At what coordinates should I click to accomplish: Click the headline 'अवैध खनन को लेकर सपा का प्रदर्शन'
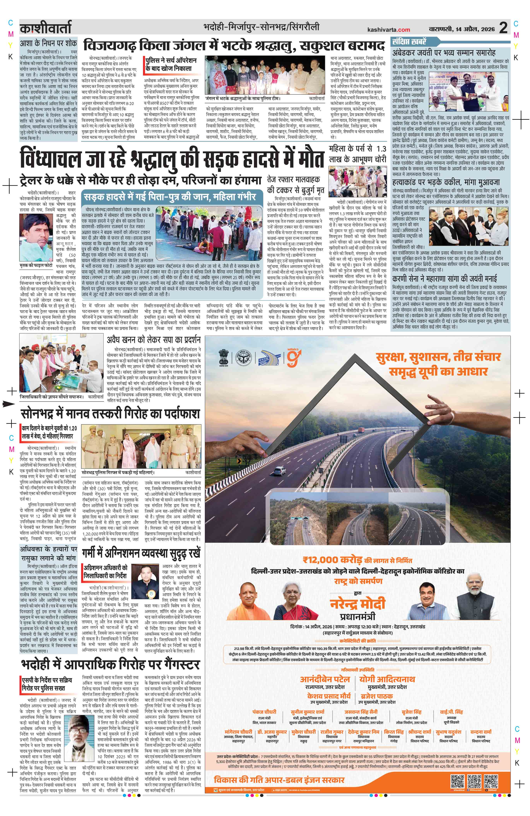click(153, 340)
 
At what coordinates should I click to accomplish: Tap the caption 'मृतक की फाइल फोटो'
click(36, 265)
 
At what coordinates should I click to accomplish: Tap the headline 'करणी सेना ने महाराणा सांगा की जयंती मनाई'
click(449, 278)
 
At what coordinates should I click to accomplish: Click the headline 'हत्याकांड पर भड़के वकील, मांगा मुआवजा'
click(446, 182)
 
